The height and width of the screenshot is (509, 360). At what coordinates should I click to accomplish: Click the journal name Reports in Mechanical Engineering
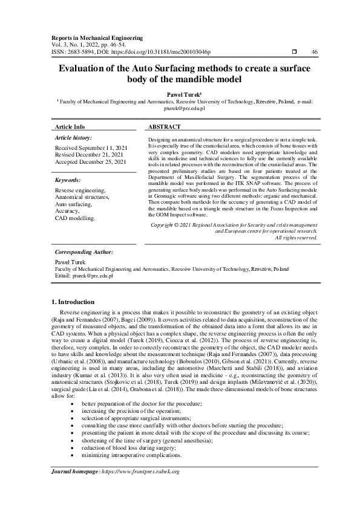click(x=97, y=37)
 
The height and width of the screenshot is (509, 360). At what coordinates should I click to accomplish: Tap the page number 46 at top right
click(x=314, y=52)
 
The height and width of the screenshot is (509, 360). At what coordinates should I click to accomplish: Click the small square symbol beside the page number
click(x=294, y=52)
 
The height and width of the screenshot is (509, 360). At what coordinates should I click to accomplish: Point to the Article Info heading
click(x=70, y=127)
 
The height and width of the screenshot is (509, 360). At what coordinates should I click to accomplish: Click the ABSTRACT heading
click(x=165, y=127)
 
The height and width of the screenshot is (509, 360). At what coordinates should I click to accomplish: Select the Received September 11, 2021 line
click(x=91, y=148)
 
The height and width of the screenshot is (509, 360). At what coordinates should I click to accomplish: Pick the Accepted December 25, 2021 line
click(x=91, y=162)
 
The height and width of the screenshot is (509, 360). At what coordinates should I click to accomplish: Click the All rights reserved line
click(x=296, y=238)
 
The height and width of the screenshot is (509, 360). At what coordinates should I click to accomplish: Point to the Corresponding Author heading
click(x=84, y=251)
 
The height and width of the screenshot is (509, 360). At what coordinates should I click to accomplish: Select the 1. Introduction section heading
click(x=72, y=302)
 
